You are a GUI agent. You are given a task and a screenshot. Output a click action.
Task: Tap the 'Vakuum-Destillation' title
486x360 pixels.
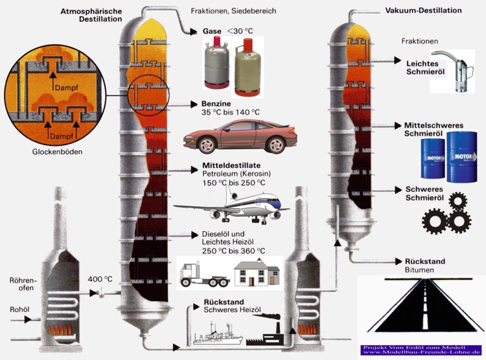point(423,11)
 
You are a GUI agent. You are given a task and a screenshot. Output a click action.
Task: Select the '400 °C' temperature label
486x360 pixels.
point(100,279)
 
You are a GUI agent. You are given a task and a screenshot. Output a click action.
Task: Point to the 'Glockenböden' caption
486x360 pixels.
point(50,154)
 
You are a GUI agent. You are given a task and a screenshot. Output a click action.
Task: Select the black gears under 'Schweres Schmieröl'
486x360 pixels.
point(446,213)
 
